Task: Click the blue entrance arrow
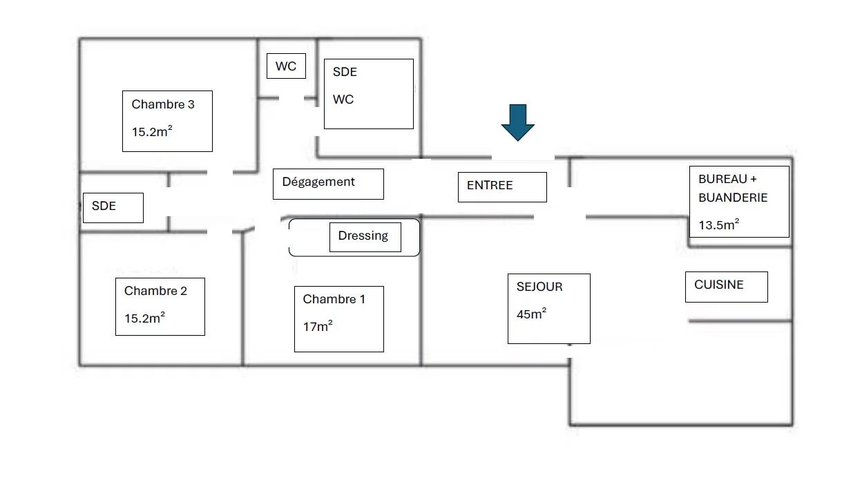tap(517, 122)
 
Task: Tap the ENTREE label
tap(490, 186)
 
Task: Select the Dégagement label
tap(318, 182)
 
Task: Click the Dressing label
tap(363, 236)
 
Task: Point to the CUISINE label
tap(719, 285)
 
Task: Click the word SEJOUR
tap(539, 287)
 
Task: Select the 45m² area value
tap(532, 314)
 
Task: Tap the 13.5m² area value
tap(719, 225)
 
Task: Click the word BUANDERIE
tap(733, 198)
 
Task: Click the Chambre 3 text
tap(163, 105)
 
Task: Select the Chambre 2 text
tap(155, 292)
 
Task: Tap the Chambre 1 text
tap(334, 300)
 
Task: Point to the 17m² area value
tap(318, 327)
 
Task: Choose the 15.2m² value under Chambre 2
tap(144, 318)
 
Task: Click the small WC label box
tap(286, 66)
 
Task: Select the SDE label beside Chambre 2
tap(104, 206)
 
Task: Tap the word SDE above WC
tap(345, 72)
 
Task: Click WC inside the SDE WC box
tap(343, 99)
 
